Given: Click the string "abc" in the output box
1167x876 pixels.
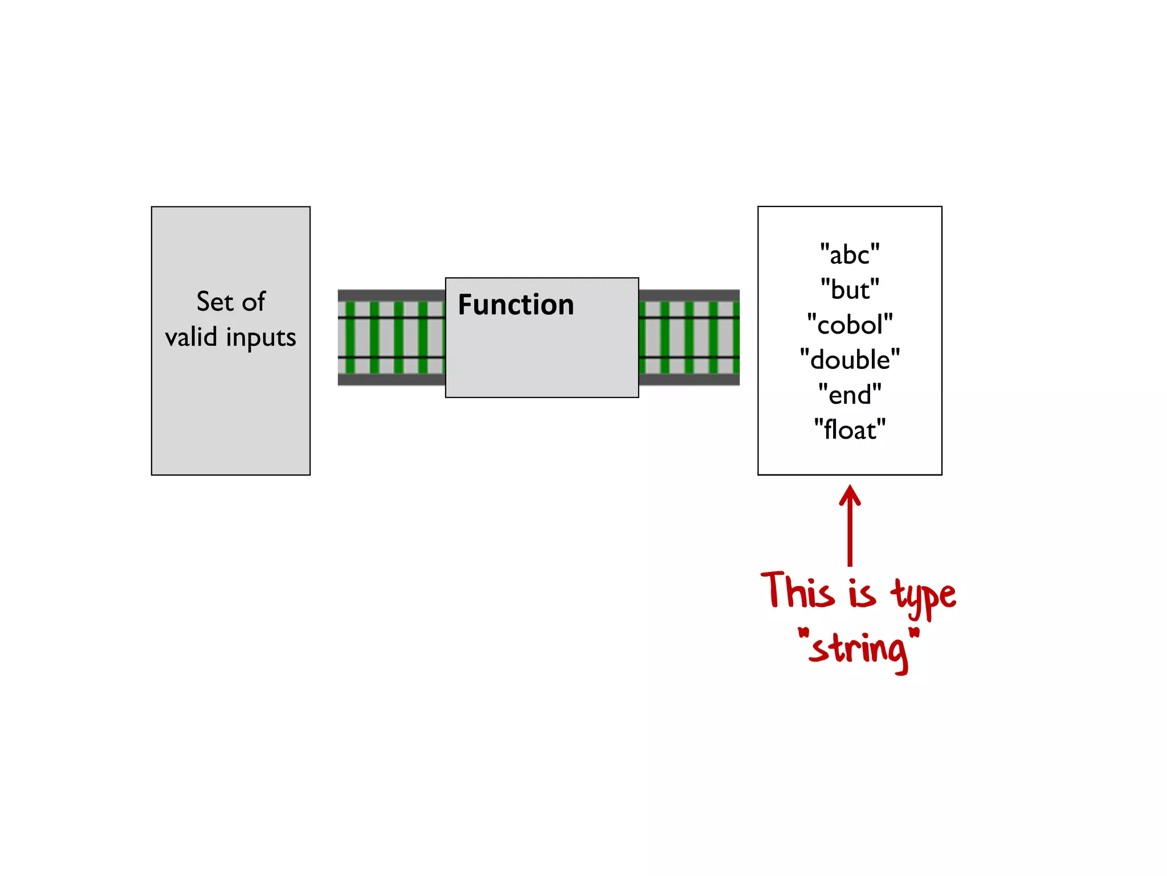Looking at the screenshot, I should point(850,254).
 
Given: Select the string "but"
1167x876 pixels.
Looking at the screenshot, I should point(850,290).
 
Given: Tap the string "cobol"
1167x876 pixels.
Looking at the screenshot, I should point(850,325).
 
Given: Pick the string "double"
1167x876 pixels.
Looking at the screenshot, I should point(850,360).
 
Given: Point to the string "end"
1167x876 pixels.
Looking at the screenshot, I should point(850,395).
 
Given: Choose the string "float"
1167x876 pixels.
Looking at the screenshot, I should point(850,429).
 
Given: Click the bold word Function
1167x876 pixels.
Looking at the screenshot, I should point(516,305).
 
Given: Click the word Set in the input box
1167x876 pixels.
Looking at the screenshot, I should point(214,301).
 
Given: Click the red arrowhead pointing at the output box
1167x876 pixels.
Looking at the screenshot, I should point(850,494).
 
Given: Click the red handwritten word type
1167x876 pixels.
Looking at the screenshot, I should point(923,596).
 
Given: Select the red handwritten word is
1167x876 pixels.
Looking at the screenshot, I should point(862,593).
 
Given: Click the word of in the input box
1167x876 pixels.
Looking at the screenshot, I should point(254,301).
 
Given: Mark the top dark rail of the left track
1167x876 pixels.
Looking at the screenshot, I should point(391,295).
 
